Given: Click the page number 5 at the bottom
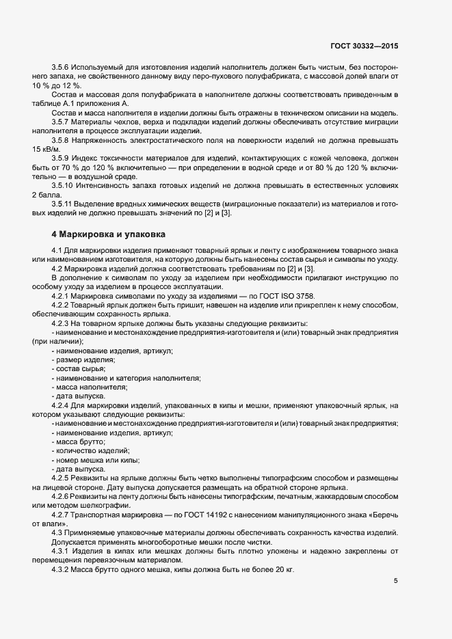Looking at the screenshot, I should [396, 581].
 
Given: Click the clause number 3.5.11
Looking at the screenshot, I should [64, 204].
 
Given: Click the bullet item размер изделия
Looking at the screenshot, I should [85, 359].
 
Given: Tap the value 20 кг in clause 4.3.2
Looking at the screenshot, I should [283, 569].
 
